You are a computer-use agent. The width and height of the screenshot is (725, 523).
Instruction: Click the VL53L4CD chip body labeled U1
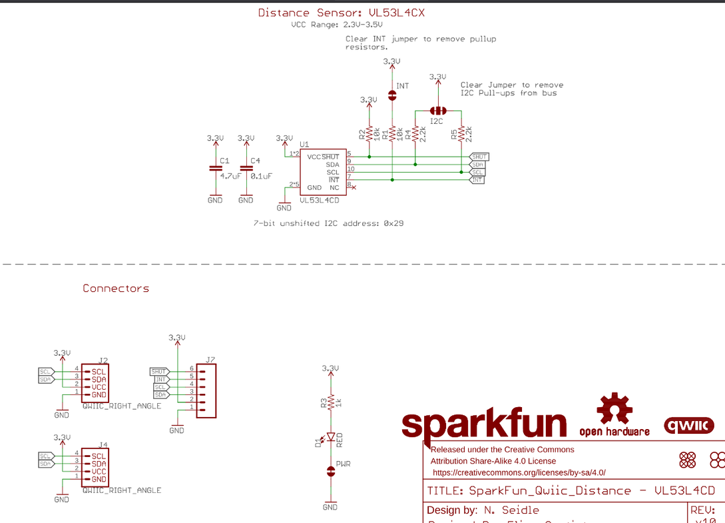click(323, 172)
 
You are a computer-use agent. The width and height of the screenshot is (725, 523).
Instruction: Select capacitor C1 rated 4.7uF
click(215, 169)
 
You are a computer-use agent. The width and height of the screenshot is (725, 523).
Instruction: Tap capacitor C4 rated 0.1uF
click(246, 169)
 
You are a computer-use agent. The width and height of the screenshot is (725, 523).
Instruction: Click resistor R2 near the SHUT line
click(368, 134)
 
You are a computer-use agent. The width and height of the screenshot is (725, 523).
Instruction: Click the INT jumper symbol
click(392, 96)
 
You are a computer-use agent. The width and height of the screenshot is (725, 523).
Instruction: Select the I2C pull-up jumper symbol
click(437, 111)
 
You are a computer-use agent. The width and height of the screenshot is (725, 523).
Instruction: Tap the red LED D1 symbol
click(330, 437)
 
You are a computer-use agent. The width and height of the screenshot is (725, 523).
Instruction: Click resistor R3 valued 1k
click(330, 402)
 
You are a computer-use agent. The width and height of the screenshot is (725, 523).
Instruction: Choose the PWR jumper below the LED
click(330, 472)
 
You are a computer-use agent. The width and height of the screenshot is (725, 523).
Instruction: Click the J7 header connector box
click(206, 390)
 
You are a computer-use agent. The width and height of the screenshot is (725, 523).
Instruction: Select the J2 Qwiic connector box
click(95, 383)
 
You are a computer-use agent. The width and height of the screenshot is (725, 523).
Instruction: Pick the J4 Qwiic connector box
click(95, 467)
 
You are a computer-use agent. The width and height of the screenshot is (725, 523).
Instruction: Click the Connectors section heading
click(116, 288)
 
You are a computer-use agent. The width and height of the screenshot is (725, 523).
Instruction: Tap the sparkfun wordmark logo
click(484, 424)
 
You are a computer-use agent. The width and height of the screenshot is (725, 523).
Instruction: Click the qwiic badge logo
click(688, 425)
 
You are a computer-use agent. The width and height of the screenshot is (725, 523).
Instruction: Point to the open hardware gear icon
click(614, 409)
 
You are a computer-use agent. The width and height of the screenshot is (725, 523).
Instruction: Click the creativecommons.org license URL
click(519, 472)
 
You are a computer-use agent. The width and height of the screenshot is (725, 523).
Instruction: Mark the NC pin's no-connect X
click(354, 188)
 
